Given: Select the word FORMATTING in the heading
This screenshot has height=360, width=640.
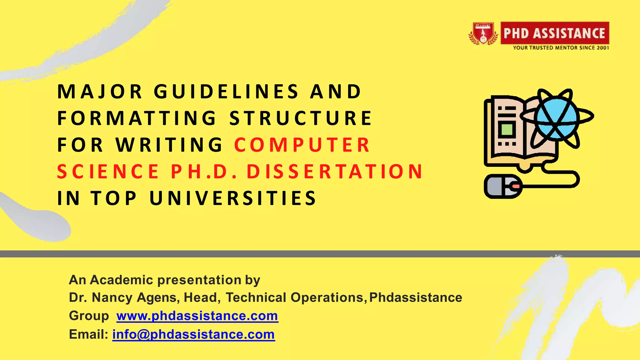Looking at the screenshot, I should tap(137, 118).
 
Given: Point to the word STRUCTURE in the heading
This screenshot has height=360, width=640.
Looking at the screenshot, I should tap(301, 118).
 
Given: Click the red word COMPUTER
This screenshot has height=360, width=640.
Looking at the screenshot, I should tap(302, 145).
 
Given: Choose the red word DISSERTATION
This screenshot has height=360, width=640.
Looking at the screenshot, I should tap(335, 172).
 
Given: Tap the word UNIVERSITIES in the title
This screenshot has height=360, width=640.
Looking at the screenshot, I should tap(233, 198).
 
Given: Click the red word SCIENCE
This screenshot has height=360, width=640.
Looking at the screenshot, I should tap(108, 172).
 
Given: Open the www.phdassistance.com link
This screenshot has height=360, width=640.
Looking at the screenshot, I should tap(197, 316).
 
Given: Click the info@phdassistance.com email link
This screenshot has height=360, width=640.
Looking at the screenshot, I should tap(193, 334).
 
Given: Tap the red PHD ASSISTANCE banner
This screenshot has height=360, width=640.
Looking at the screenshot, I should tap(554, 33).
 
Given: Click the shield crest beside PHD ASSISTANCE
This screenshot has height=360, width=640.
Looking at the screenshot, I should tap(483, 33).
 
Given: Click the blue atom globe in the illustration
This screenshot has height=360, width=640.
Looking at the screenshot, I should tap(557, 118).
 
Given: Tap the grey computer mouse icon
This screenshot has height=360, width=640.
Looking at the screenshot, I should tap(502, 187).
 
